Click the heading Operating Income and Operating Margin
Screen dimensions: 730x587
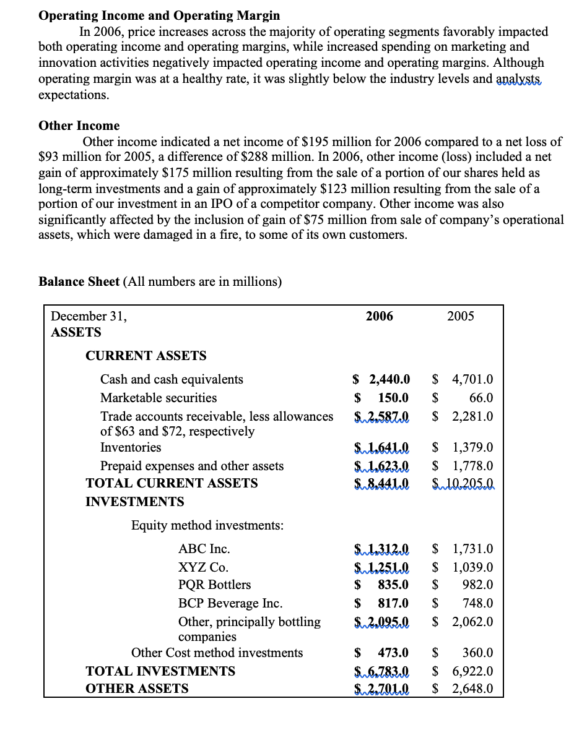(x=159, y=15)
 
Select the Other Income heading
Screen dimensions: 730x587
(x=79, y=126)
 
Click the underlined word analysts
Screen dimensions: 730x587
(x=519, y=79)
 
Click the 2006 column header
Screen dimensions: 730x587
(x=379, y=316)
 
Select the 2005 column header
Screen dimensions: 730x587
(x=460, y=316)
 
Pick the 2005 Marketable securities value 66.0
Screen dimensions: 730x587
(x=480, y=398)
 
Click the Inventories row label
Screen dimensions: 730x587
(x=131, y=447)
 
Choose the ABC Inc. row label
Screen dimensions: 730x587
(x=204, y=549)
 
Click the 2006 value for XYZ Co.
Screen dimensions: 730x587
(x=381, y=567)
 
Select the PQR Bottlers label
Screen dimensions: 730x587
(x=214, y=585)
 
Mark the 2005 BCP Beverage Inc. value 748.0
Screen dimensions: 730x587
(x=478, y=603)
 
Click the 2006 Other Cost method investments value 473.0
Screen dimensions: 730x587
(x=393, y=653)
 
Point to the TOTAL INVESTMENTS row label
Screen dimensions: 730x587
(x=160, y=671)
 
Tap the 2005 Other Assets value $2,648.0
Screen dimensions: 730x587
(x=472, y=689)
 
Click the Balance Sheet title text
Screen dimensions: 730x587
(x=79, y=281)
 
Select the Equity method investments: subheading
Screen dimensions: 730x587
(x=207, y=525)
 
